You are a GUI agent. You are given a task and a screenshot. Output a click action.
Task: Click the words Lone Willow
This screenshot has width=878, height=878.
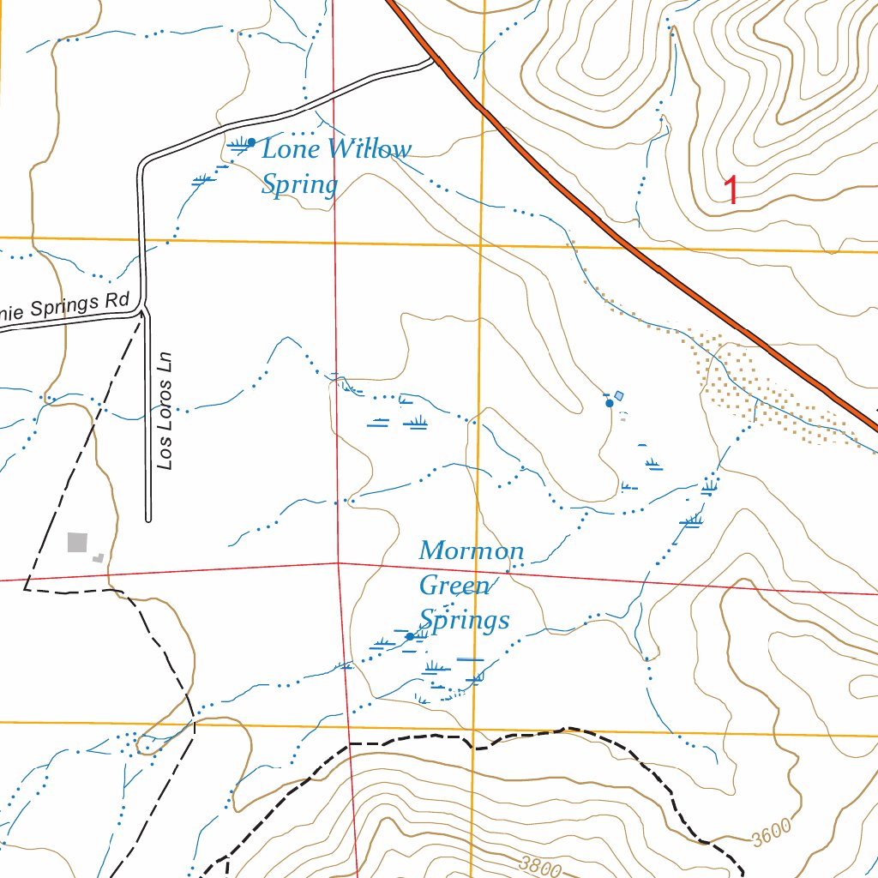click(336, 150)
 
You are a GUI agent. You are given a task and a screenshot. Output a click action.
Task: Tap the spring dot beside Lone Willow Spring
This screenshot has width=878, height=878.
click(251, 141)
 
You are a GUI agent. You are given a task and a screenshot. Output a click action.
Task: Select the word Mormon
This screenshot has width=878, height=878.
click(471, 550)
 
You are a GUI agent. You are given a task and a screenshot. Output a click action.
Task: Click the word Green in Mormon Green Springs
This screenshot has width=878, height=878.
click(454, 586)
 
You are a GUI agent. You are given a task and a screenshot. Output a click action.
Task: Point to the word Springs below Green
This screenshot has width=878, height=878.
click(464, 620)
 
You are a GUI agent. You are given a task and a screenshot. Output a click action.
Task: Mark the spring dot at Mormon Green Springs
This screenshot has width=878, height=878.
click(410, 636)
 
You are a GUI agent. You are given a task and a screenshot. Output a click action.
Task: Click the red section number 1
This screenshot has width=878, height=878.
click(731, 189)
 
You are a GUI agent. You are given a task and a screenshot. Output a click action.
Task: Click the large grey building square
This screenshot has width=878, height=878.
click(77, 543)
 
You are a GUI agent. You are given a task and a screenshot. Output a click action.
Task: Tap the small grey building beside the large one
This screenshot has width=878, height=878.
click(99, 557)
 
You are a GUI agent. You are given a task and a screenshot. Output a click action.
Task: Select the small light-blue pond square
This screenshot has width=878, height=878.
click(619, 395)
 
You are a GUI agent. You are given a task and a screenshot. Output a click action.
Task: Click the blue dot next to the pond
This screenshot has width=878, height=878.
click(610, 403)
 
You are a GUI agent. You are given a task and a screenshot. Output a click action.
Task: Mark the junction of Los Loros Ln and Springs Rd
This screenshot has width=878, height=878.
click(144, 310)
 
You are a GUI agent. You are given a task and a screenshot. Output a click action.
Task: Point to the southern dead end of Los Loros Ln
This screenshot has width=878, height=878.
click(148, 519)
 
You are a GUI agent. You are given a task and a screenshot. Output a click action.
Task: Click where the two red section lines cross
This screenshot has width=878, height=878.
click(339, 563)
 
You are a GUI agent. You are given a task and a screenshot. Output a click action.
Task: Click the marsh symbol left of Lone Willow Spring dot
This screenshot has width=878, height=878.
click(238, 143)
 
